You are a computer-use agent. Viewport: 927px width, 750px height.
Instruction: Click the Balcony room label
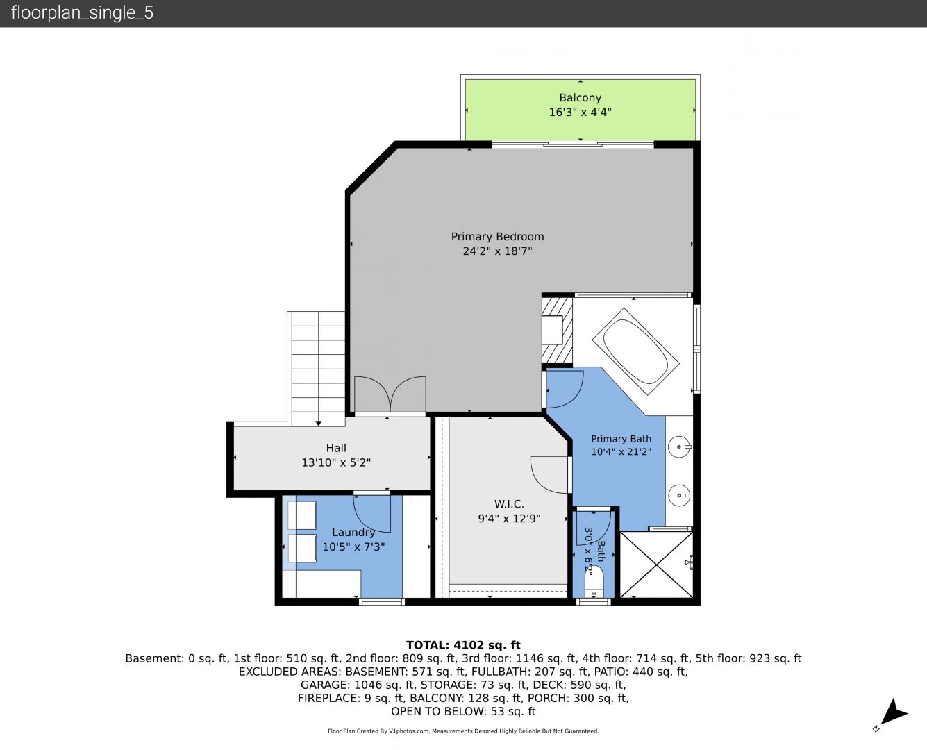tap(580, 97)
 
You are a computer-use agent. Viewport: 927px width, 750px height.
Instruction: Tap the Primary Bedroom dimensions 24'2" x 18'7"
tap(497, 251)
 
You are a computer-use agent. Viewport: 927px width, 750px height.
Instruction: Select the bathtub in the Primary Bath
tap(635, 351)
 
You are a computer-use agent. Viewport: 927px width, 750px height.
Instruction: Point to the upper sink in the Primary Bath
tap(680, 447)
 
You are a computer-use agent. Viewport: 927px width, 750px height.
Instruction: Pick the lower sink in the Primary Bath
tap(680, 495)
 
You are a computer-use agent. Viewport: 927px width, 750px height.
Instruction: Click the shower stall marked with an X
tap(656, 565)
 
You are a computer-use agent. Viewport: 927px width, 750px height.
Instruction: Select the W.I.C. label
tap(509, 504)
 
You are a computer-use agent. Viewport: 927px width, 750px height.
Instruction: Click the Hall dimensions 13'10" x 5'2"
tap(336, 462)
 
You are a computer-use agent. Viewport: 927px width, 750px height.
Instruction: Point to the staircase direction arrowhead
tap(319, 423)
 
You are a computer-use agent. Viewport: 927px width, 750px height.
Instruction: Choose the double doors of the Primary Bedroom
tap(390, 394)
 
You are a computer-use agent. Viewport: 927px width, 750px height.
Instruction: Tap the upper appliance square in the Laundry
tap(302, 515)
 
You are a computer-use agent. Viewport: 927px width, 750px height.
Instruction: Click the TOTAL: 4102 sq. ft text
tap(463, 645)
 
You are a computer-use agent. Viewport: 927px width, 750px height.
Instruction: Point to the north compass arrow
tap(892, 712)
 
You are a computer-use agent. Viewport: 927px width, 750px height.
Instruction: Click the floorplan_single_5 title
tap(82, 13)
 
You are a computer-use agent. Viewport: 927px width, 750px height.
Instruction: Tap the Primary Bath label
tap(621, 439)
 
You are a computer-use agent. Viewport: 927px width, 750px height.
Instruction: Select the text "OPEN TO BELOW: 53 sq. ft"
tap(463, 712)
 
